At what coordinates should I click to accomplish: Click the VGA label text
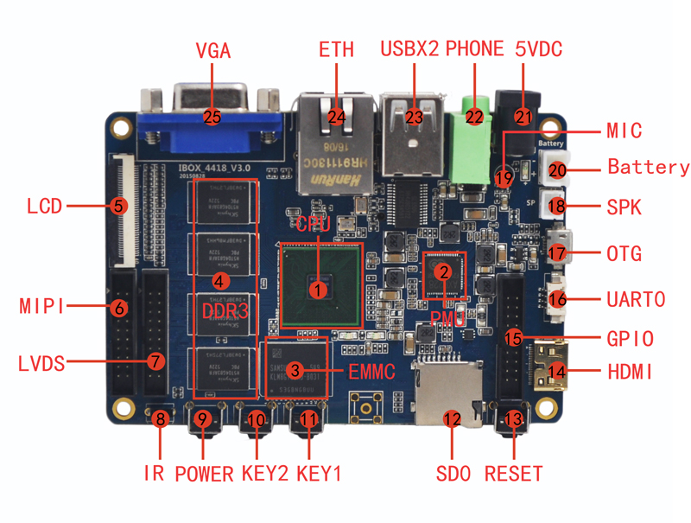213,50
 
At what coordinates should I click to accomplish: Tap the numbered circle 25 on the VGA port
212,116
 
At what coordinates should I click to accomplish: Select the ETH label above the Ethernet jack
336,49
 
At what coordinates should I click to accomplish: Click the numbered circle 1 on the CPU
320,290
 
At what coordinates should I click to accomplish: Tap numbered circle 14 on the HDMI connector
558,373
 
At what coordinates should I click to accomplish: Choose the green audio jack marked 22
474,117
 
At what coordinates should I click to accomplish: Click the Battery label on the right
648,167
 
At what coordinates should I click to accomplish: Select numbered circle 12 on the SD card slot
451,419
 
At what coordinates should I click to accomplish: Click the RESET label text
514,474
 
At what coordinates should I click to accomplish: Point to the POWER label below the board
204,474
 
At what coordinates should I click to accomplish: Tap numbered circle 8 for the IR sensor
160,420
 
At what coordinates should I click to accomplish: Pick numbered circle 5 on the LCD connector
119,206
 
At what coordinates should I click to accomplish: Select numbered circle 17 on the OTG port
558,254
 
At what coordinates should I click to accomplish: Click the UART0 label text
636,299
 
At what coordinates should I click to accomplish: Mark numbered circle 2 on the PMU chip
443,271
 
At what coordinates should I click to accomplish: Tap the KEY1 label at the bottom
319,474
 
